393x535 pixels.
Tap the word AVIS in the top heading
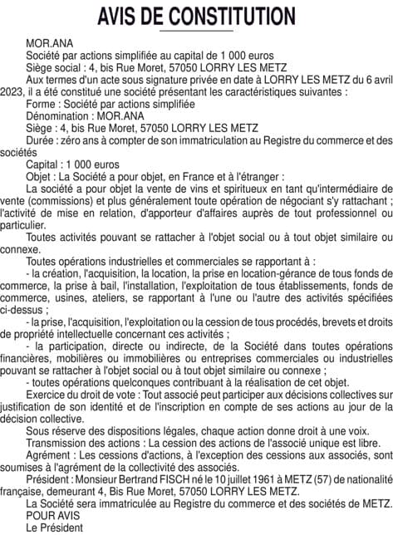tap(121, 16)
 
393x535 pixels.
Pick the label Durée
tap(42, 140)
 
